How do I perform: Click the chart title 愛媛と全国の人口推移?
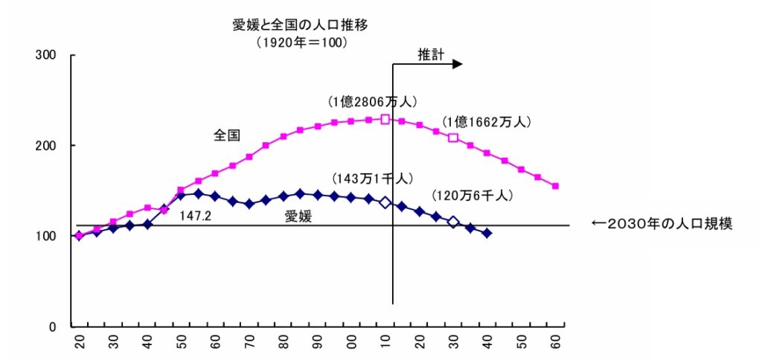(301, 25)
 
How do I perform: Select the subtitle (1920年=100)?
(302, 43)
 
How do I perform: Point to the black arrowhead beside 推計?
(457, 64)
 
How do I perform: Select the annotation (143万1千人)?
(373, 179)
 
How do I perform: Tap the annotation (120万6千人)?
(472, 196)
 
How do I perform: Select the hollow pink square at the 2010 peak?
(385, 119)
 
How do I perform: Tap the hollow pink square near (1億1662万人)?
(453, 138)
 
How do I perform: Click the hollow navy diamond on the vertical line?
(385, 202)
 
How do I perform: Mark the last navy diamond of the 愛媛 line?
(487, 233)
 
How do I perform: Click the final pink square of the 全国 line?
(555, 186)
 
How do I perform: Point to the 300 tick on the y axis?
(46, 55)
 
